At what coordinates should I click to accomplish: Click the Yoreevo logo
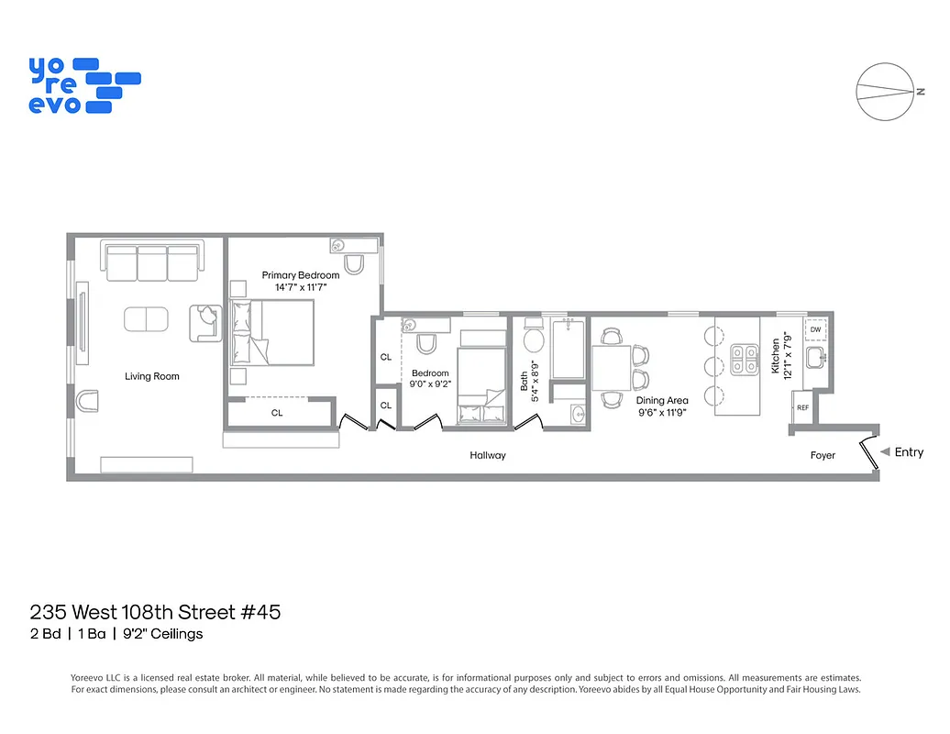[83, 85]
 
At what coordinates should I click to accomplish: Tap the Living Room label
[152, 376]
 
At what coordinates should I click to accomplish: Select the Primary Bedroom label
[300, 275]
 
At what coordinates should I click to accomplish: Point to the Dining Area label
[661, 401]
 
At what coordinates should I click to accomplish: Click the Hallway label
[488, 455]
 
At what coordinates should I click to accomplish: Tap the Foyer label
[823, 455]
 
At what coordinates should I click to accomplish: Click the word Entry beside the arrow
[909, 452]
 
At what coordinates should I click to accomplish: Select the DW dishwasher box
[815, 329]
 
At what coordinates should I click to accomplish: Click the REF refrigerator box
[802, 407]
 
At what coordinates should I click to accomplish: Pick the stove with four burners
[743, 361]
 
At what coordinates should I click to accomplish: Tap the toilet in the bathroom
[534, 340]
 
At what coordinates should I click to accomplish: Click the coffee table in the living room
[147, 319]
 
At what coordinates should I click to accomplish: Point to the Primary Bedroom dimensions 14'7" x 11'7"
[300, 287]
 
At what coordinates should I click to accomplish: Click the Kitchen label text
[775, 356]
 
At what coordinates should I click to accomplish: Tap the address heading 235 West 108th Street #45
[155, 612]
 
